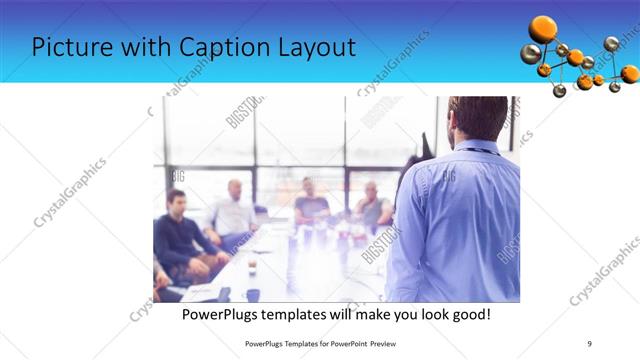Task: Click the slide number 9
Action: [590, 343]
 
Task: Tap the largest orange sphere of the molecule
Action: [543, 29]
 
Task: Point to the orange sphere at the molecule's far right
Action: [629, 73]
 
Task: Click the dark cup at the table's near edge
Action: [253, 294]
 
